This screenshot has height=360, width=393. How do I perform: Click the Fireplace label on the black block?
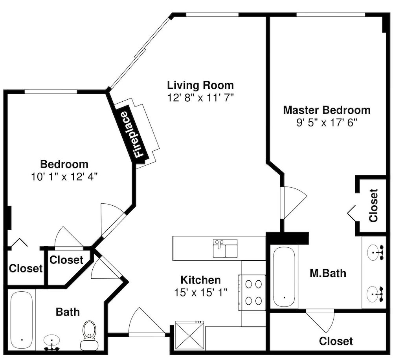click(134, 135)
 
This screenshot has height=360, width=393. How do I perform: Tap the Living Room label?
click(200, 85)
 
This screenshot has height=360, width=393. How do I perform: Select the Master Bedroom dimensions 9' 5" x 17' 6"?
click(327, 122)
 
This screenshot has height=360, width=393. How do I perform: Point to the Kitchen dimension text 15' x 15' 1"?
click(200, 292)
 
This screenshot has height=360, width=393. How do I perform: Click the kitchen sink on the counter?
click(225, 249)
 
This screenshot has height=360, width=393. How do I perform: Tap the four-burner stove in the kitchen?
click(252, 292)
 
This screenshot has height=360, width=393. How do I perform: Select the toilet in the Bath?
click(90, 336)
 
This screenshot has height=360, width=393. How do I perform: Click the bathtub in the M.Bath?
click(284, 277)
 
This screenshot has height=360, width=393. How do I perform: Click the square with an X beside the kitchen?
click(189, 336)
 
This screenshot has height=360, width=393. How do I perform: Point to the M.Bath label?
click(328, 273)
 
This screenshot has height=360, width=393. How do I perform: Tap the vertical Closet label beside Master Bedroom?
click(373, 205)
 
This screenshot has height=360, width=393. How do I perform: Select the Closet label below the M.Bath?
click(336, 341)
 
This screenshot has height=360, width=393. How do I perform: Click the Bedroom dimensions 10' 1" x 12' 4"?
click(64, 177)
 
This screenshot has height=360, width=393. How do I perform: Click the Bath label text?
click(68, 312)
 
